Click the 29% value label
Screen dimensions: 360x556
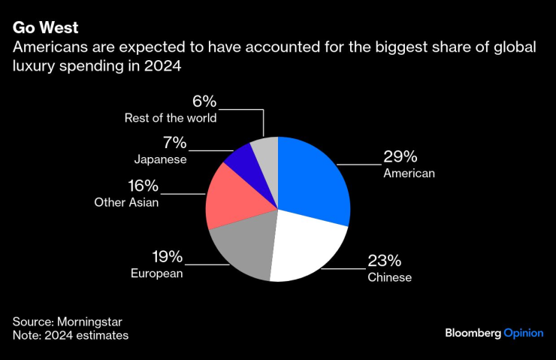click(x=400, y=157)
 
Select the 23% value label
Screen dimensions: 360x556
click(x=384, y=261)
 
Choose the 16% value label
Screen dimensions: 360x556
click(x=142, y=186)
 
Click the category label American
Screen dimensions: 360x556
click(x=409, y=174)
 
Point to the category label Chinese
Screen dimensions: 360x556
click(x=389, y=277)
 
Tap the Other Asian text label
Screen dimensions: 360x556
click(x=126, y=202)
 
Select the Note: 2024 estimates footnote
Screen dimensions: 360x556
click(x=70, y=335)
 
